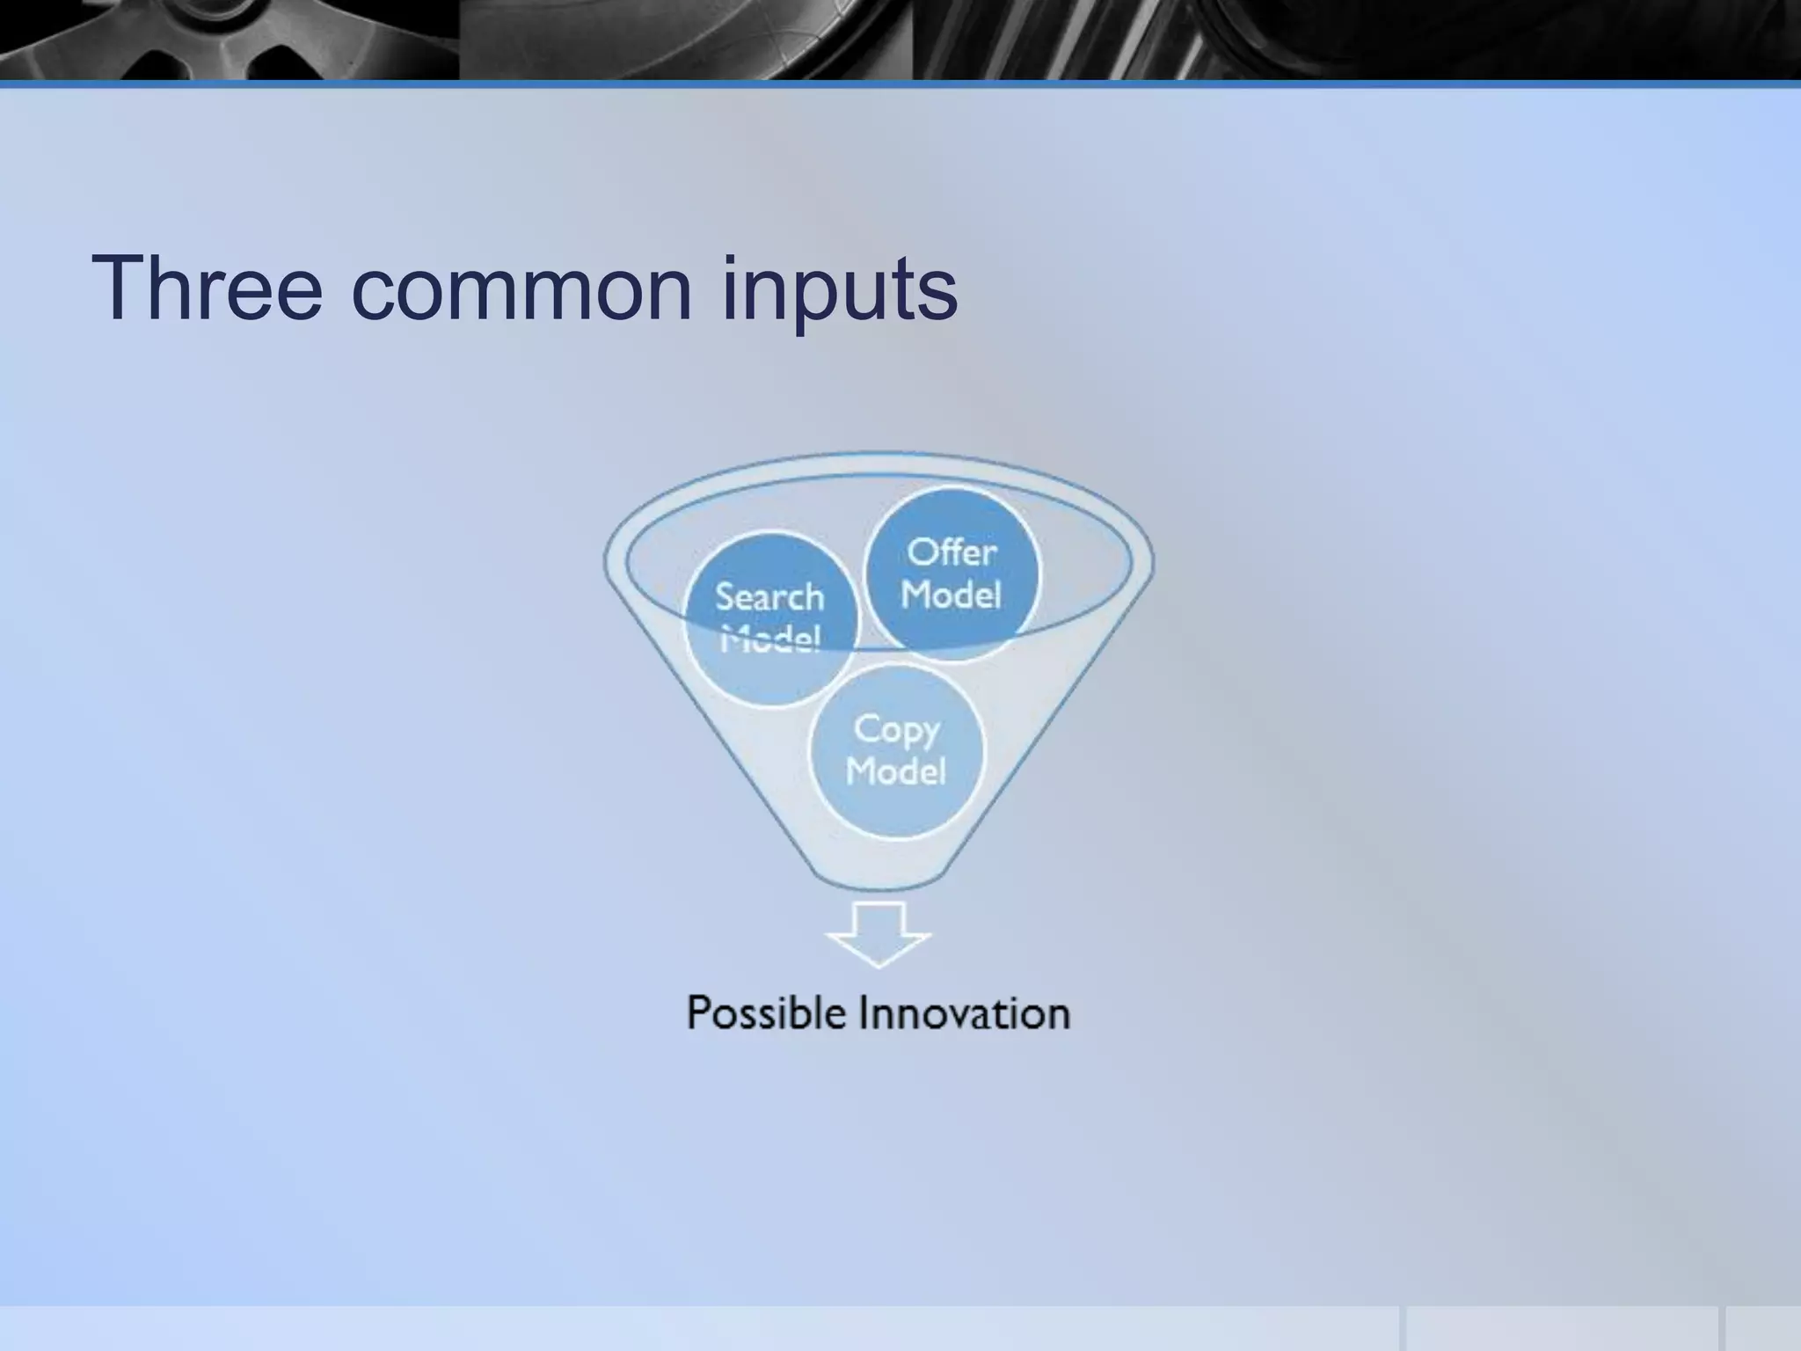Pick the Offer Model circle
click(952, 573)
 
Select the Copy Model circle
click(895, 750)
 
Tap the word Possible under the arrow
click(765, 1013)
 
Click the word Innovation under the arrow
click(964, 1013)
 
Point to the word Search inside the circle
click(769, 597)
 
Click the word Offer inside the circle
click(952, 552)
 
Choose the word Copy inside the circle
click(896, 730)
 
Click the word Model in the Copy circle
click(895, 771)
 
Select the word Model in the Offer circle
click(951, 595)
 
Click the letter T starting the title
click(120, 288)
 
